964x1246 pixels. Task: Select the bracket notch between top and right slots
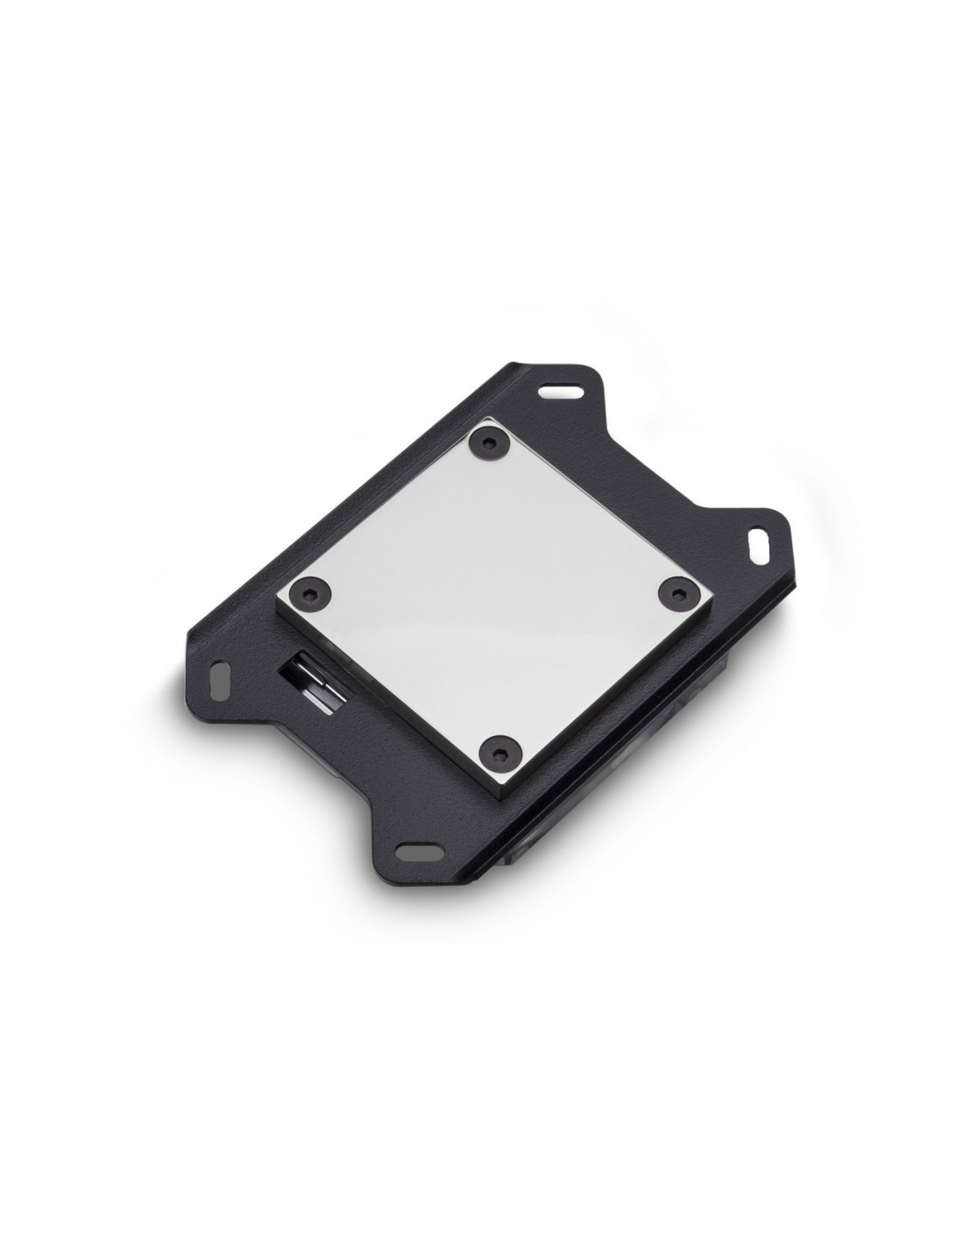pos(692,491)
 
